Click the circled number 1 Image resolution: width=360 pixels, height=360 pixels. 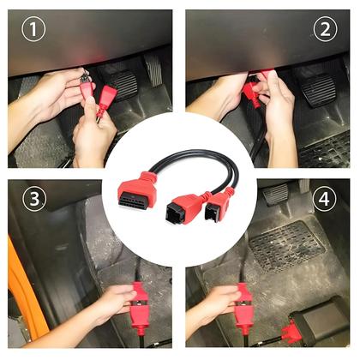coord(33,29)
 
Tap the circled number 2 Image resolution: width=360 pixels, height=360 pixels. coord(325,29)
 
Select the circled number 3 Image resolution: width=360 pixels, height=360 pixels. coord(34,198)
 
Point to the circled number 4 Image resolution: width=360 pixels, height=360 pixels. coord(324,199)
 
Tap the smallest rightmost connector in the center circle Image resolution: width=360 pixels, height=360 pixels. coord(219,204)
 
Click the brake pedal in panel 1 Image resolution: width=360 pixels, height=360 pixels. coord(123,85)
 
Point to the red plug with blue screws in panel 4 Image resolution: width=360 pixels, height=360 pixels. coord(289,333)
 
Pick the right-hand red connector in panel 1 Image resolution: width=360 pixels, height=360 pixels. coord(107,97)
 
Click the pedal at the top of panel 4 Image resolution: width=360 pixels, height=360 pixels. coord(276,194)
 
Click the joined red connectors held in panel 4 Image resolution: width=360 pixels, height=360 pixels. coord(243,308)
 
